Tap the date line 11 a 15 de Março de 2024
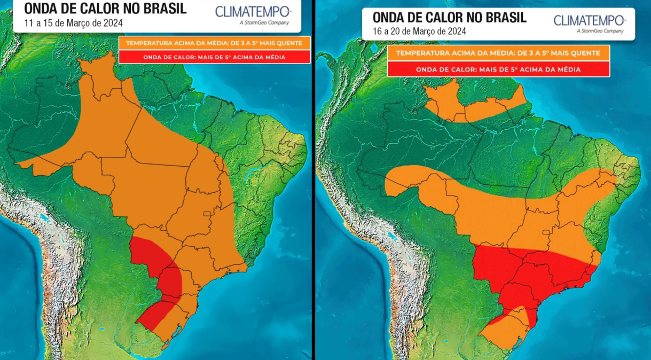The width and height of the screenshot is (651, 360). pos(74,23)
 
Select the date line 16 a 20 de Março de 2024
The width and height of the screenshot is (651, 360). pos(419,31)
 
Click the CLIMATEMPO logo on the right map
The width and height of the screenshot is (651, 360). pos(589,20)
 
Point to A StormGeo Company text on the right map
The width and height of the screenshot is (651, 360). pos(600,31)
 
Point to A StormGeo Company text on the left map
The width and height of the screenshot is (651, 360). pos(264,22)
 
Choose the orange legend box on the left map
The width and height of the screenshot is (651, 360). pos(214,43)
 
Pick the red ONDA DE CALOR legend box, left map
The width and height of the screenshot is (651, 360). pos(214,57)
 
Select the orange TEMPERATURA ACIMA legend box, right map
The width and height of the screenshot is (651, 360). pos(498,53)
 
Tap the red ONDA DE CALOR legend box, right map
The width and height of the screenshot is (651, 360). pos(498,69)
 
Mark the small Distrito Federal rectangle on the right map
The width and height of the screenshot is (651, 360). pos(546,232)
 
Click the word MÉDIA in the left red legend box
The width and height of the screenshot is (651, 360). pos(273,57)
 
